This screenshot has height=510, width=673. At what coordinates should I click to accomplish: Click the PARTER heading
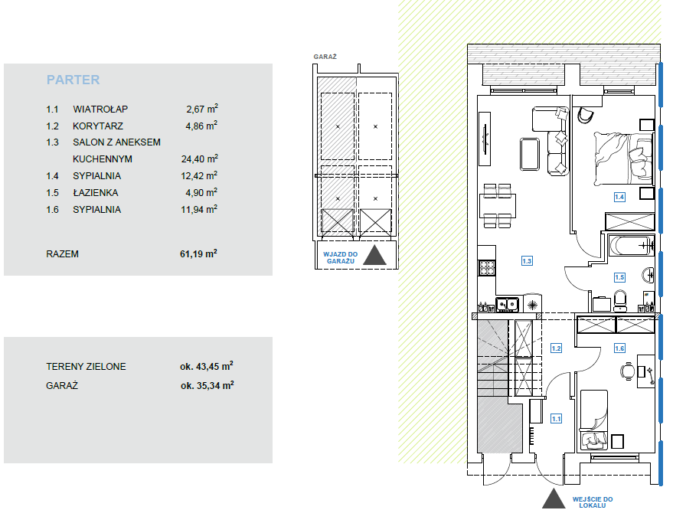pos(73,80)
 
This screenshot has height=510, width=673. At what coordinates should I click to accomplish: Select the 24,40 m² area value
pos(200,159)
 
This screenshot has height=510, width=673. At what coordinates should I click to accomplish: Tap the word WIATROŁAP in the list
pos(100,109)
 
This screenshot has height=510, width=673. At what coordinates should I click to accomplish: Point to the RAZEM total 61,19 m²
pos(198,253)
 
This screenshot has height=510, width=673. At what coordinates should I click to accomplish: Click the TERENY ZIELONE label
pos(86,367)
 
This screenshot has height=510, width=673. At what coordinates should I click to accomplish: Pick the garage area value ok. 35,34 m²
pos(207,385)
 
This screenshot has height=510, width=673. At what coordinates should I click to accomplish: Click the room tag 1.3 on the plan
pos(527,260)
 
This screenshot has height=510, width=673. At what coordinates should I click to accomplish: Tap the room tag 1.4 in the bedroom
pos(619,197)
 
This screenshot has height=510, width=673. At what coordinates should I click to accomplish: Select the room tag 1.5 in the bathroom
pos(619,277)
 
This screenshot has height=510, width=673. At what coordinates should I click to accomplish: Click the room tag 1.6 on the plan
pos(619,348)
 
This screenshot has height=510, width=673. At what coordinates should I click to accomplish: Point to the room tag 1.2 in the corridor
pos(556,348)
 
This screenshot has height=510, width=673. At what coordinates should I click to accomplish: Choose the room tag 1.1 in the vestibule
pos(556,419)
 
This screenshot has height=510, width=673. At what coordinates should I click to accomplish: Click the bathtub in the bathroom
pos(632,246)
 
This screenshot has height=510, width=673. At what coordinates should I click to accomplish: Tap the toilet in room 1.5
pos(619,300)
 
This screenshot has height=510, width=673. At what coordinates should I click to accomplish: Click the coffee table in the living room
pos(529,154)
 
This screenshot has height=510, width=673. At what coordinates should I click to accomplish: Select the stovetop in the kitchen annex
pos(487,267)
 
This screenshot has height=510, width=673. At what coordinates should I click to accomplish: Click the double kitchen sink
pos(507,304)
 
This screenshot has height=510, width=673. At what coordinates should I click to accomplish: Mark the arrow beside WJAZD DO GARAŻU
pos(374,255)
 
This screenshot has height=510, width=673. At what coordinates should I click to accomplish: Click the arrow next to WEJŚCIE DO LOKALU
pos(554,499)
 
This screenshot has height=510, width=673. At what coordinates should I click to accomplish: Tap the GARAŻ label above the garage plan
pos(325,57)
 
